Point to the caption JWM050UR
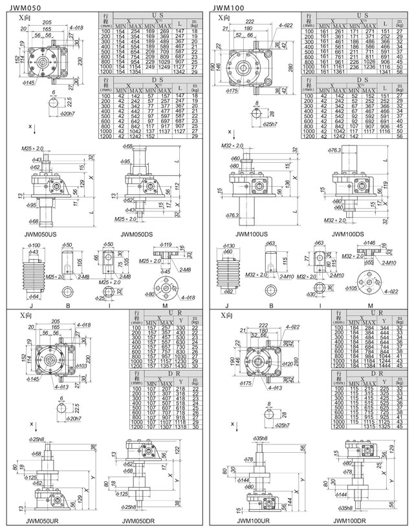click(46, 519)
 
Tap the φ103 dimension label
click(82, 366)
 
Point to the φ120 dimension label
click(289, 364)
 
